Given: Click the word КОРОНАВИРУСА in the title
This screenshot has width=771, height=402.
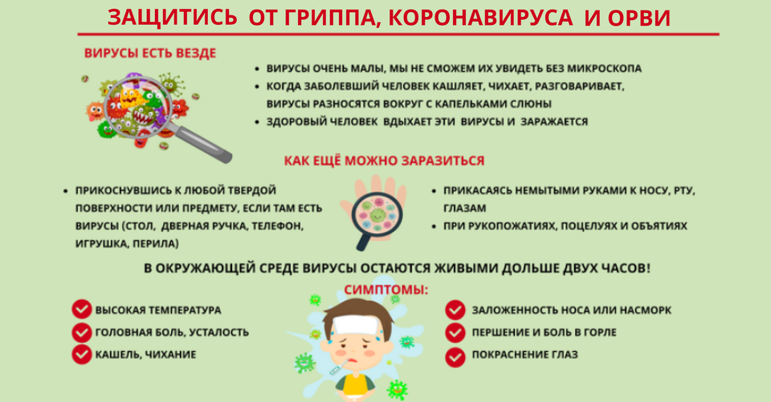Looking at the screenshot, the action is tap(480, 18).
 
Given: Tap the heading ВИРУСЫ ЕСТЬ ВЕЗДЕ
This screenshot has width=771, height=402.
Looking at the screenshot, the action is tap(150, 53).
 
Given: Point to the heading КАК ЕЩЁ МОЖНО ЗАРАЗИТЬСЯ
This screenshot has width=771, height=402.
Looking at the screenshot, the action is tap(384, 161).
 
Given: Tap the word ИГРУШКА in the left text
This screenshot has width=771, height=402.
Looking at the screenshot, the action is tap(100, 244).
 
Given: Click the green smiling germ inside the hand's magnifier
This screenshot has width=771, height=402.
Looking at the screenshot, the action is tap(377, 215).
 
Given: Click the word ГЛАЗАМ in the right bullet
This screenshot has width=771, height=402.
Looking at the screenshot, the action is tap(465, 208).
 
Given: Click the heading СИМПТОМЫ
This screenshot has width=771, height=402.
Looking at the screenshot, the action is tap(386, 289).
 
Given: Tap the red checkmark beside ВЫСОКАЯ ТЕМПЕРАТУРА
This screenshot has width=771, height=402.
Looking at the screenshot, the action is tap(82, 310).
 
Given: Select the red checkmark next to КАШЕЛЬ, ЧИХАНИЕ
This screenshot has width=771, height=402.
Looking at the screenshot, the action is tap(82, 355).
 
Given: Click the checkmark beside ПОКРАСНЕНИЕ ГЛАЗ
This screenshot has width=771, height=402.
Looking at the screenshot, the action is tap(455, 358).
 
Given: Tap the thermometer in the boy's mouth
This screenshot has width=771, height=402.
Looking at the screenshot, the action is tap(338, 367).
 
